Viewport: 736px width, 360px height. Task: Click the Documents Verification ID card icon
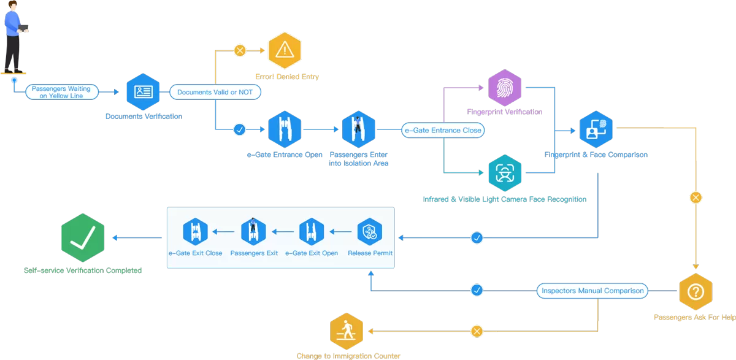pos(143,92)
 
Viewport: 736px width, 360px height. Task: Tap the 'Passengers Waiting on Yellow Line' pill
pos(61,92)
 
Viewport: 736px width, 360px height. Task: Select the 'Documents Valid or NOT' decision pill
pos(215,92)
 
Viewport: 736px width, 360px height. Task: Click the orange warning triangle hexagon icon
pos(285,50)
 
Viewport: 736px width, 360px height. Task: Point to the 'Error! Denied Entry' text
pos(287,77)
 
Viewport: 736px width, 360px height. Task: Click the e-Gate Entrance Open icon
pos(285,129)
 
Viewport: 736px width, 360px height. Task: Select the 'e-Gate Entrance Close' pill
pos(442,130)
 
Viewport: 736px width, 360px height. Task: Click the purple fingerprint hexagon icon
pos(504,88)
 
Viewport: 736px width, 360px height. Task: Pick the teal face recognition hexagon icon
pos(504,173)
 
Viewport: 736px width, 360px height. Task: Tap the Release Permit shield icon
pos(369,232)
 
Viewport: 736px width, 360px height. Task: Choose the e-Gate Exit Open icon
pos(312,232)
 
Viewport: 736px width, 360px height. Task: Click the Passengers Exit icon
pos(253,232)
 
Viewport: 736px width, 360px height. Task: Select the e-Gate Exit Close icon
pos(196,232)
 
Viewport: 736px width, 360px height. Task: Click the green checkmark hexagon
pos(83,238)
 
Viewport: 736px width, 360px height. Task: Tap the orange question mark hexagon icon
pos(696,291)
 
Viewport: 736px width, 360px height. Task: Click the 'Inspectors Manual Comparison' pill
pos(592,291)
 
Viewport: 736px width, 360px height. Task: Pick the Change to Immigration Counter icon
pos(347,331)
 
